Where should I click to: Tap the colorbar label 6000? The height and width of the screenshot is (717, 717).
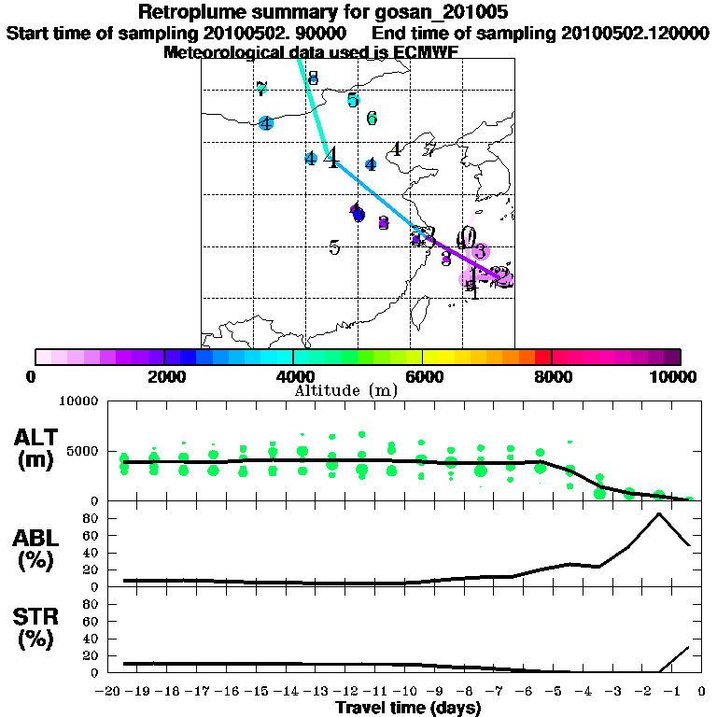(x=423, y=377)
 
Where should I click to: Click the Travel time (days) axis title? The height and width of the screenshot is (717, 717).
(x=408, y=709)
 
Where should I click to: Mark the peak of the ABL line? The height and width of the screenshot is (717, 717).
(x=659, y=513)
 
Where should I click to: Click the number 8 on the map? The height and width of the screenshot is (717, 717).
(x=313, y=78)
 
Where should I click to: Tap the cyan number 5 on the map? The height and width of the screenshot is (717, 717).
(x=353, y=101)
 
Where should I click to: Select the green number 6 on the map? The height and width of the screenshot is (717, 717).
(x=372, y=119)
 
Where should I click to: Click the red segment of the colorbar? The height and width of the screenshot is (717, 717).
(x=542, y=357)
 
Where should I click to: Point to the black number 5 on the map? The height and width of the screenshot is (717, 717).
(x=334, y=248)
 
